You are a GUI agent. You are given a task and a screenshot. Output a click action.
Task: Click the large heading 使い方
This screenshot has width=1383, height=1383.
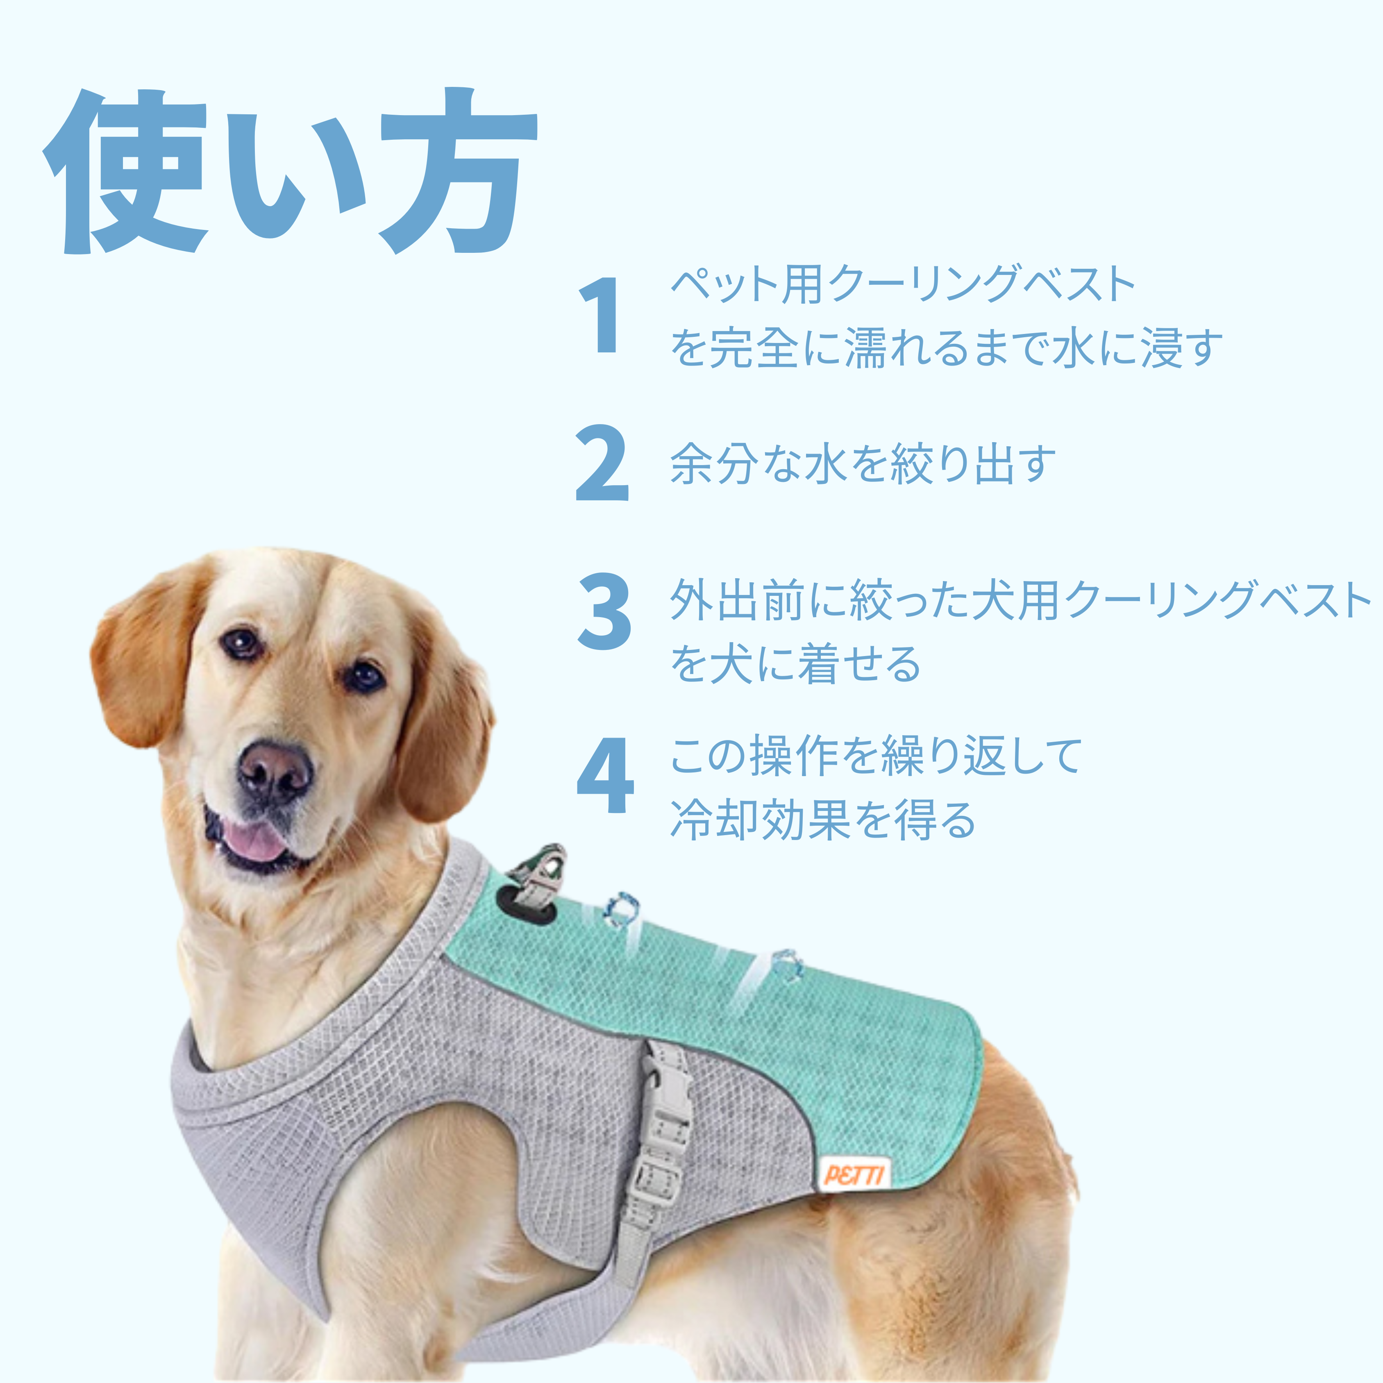coord(290,172)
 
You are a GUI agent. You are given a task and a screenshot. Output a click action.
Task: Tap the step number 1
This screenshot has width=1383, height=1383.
coord(600,316)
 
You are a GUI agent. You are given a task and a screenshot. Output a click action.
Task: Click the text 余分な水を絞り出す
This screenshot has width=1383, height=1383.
coord(863,464)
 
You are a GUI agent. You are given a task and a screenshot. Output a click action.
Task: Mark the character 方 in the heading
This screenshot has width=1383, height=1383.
coord(458,172)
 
